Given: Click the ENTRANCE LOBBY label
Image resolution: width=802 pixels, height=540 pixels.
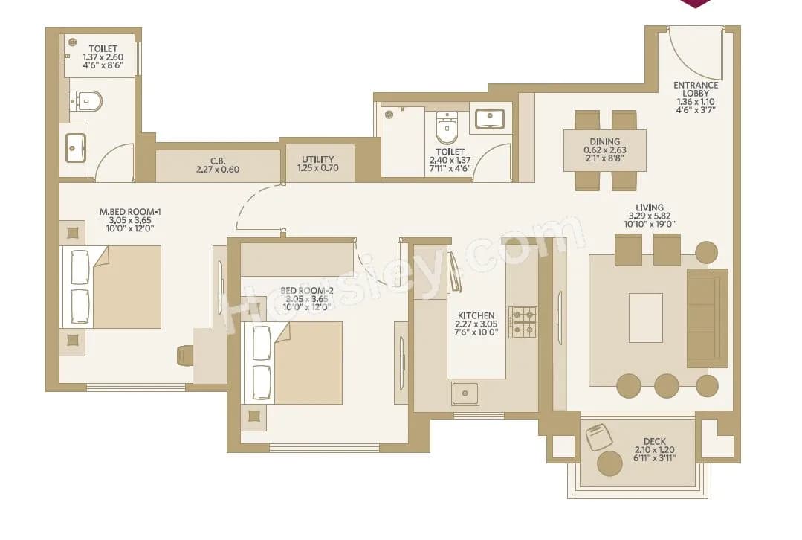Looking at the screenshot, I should point(696,85).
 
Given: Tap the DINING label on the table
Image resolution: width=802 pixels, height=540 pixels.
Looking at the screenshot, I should point(604,141).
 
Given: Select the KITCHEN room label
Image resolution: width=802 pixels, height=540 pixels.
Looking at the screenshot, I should point(476,315).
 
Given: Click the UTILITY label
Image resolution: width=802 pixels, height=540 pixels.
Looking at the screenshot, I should point(318,159).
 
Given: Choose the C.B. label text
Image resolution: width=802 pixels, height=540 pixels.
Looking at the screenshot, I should point(217,159).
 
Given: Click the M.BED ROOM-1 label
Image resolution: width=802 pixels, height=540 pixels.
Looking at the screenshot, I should point(130,212).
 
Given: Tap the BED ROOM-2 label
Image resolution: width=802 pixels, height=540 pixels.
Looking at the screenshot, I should point(305,290).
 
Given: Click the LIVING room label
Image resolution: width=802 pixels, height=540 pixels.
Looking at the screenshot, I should point(649,208).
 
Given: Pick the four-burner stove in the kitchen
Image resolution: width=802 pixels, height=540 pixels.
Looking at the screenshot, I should point(523,321).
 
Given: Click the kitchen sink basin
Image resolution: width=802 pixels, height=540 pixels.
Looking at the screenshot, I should point(465,392).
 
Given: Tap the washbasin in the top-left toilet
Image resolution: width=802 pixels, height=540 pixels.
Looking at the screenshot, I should point(75,147).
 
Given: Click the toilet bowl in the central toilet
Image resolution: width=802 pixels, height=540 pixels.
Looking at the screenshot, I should point(447,129).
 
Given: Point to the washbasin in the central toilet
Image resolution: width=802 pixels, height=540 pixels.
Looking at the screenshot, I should point(490,118).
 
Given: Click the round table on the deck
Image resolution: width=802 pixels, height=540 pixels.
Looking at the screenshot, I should point(609,463).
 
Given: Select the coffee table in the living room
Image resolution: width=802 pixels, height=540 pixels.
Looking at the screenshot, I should point(645,318).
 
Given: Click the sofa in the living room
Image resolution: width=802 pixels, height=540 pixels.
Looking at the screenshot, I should point(707,318).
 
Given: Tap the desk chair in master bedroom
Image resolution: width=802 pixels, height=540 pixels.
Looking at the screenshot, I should point(185,356).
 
